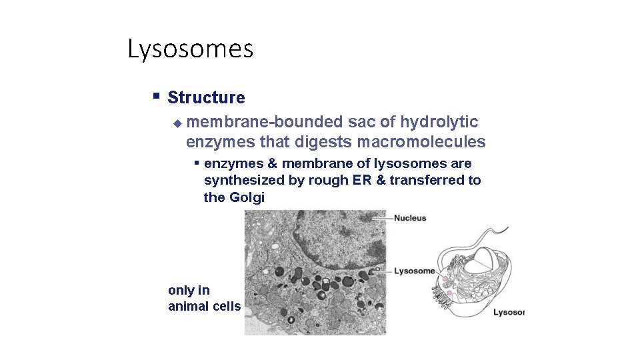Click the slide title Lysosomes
[190, 49]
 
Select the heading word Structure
[206, 97]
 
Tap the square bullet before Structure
[156, 96]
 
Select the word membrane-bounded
[265, 122]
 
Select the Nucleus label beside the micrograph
[410, 218]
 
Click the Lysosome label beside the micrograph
[414, 271]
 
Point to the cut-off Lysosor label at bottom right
[509, 312]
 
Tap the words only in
[189, 290]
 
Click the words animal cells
[204, 307]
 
